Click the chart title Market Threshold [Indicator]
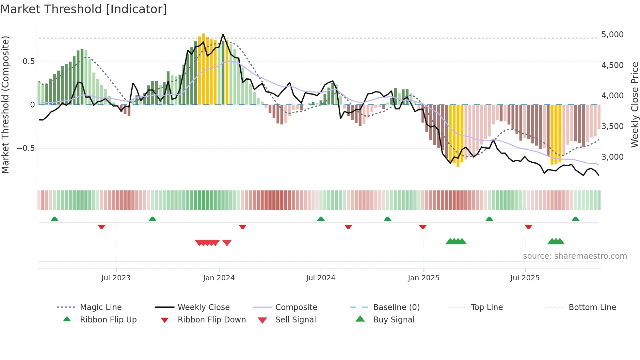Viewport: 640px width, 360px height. point(84,9)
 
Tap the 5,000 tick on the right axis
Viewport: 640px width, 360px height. point(612,35)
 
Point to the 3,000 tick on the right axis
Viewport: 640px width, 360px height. point(612,157)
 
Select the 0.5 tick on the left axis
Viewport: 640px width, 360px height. point(28,61)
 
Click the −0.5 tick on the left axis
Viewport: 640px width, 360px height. point(26,148)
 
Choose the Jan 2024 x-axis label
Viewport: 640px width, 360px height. point(219,278)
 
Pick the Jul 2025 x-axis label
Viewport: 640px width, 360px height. point(525,278)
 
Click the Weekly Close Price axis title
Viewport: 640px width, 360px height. point(634,105)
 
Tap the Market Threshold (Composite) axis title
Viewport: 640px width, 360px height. point(5,105)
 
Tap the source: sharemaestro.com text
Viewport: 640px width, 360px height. point(575,256)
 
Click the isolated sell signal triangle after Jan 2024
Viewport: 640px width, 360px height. point(227,243)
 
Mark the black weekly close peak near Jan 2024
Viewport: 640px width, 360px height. point(223,34)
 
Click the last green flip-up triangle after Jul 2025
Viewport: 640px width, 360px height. point(575,219)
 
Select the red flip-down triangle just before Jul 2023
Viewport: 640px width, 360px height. point(102,227)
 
